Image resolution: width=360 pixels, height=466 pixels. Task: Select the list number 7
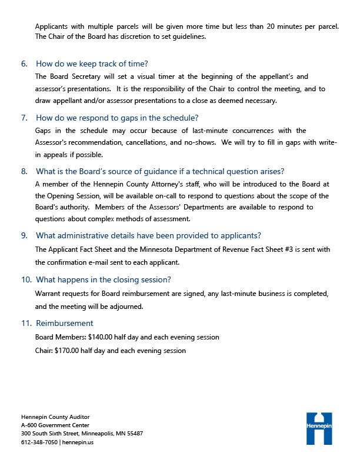pos(24,117)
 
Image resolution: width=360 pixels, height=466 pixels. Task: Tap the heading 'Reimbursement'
pos(64,323)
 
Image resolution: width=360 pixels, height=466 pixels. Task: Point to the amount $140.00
pos(102,337)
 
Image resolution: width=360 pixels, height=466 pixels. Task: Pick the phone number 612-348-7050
pos(39,442)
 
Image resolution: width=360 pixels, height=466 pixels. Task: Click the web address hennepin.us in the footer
pos(78,442)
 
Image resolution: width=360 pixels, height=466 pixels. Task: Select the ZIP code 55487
pos(134,433)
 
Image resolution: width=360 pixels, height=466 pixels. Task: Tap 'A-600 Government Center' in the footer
pos(55,424)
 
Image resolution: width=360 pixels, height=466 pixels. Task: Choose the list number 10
pos(25,279)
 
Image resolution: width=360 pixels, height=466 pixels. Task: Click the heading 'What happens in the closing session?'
pos(103,279)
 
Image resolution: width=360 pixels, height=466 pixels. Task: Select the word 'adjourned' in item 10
pos(126,306)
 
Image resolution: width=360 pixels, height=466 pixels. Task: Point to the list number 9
pos(24,235)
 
